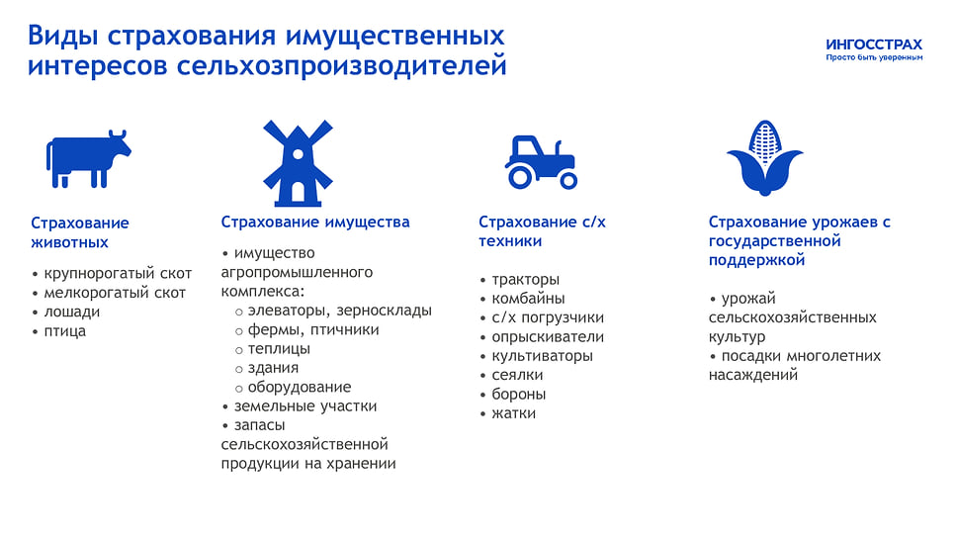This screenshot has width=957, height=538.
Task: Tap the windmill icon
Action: [x=298, y=163]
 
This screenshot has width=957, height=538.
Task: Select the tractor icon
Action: [x=541, y=162]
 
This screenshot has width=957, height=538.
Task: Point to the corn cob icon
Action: [x=765, y=157]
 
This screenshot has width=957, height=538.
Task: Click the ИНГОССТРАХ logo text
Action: [x=874, y=45]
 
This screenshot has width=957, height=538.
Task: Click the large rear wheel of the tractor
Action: [x=521, y=177]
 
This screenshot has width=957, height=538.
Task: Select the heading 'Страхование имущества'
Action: [x=315, y=222]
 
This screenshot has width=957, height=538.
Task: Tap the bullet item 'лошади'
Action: [x=71, y=312]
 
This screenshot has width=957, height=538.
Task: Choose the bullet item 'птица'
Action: [x=64, y=331]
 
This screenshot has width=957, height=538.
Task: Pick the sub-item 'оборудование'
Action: [x=299, y=387]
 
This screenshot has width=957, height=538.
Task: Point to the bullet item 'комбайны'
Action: [x=528, y=299]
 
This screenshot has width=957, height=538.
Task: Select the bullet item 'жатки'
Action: [x=513, y=413]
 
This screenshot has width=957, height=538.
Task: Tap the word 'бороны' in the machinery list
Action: [x=519, y=395]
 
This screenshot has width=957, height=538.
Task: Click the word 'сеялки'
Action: [x=517, y=375]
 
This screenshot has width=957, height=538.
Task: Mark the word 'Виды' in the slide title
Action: [x=63, y=36]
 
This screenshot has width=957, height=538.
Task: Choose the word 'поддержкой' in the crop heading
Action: [x=757, y=260]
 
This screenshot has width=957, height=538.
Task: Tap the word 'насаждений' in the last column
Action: [x=753, y=375]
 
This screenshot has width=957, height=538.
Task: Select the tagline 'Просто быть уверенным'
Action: [x=874, y=57]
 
